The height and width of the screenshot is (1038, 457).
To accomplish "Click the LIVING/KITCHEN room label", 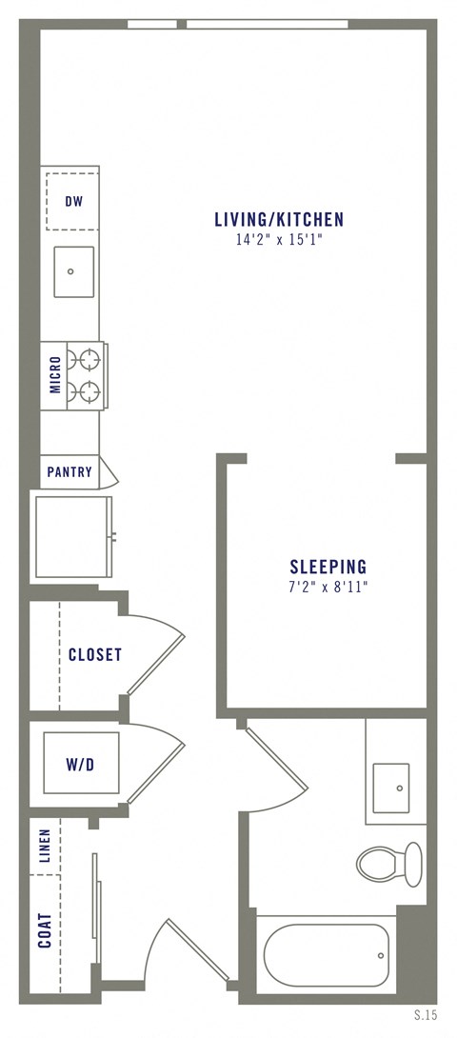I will (x=278, y=220).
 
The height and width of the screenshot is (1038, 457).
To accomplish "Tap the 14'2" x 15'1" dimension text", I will (x=278, y=242).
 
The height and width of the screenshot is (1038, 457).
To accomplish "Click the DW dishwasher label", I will (x=72, y=201).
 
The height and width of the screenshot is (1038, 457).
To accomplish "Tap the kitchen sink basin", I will (x=73, y=271).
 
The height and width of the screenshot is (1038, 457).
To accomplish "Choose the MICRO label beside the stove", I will (x=55, y=375).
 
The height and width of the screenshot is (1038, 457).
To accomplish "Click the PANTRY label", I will (x=70, y=472).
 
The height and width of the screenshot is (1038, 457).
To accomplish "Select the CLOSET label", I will (x=94, y=655).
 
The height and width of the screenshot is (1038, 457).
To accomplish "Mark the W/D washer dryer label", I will (x=80, y=764).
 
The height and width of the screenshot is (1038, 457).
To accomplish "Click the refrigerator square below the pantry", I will (x=72, y=536).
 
